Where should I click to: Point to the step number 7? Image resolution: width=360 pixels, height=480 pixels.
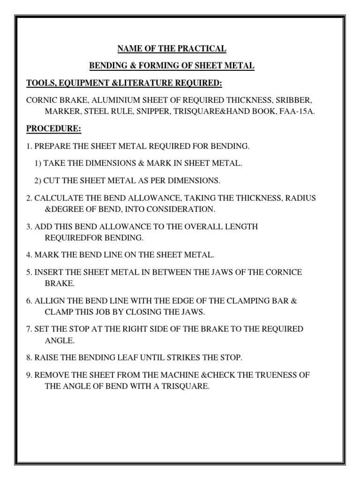coord(29,329)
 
